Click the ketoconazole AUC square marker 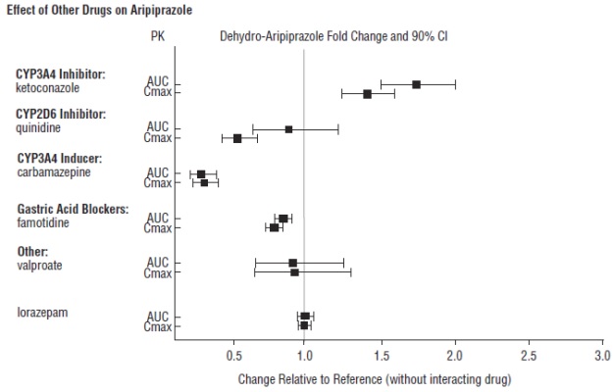(x=416, y=84)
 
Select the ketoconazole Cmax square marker (x=367, y=94)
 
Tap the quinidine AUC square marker (x=288, y=129)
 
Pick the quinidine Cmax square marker (x=237, y=138)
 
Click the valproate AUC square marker (x=292, y=263)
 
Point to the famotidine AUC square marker (x=282, y=219)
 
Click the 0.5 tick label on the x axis (x=232, y=355)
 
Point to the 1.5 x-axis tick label (x=381, y=355)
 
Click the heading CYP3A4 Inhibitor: (x=60, y=73)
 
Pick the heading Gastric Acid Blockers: (x=73, y=209)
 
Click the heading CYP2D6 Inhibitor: (x=60, y=115)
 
